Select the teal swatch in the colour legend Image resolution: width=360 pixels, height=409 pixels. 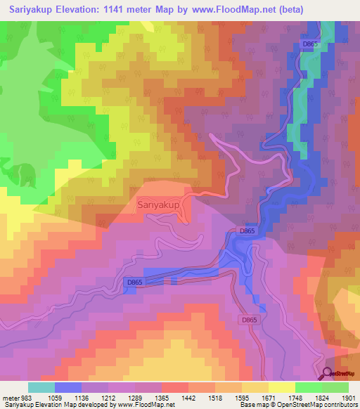coord(41,387)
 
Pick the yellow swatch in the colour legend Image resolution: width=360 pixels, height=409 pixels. coord(281,387)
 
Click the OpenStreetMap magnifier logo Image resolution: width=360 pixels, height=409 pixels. coord(328,374)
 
